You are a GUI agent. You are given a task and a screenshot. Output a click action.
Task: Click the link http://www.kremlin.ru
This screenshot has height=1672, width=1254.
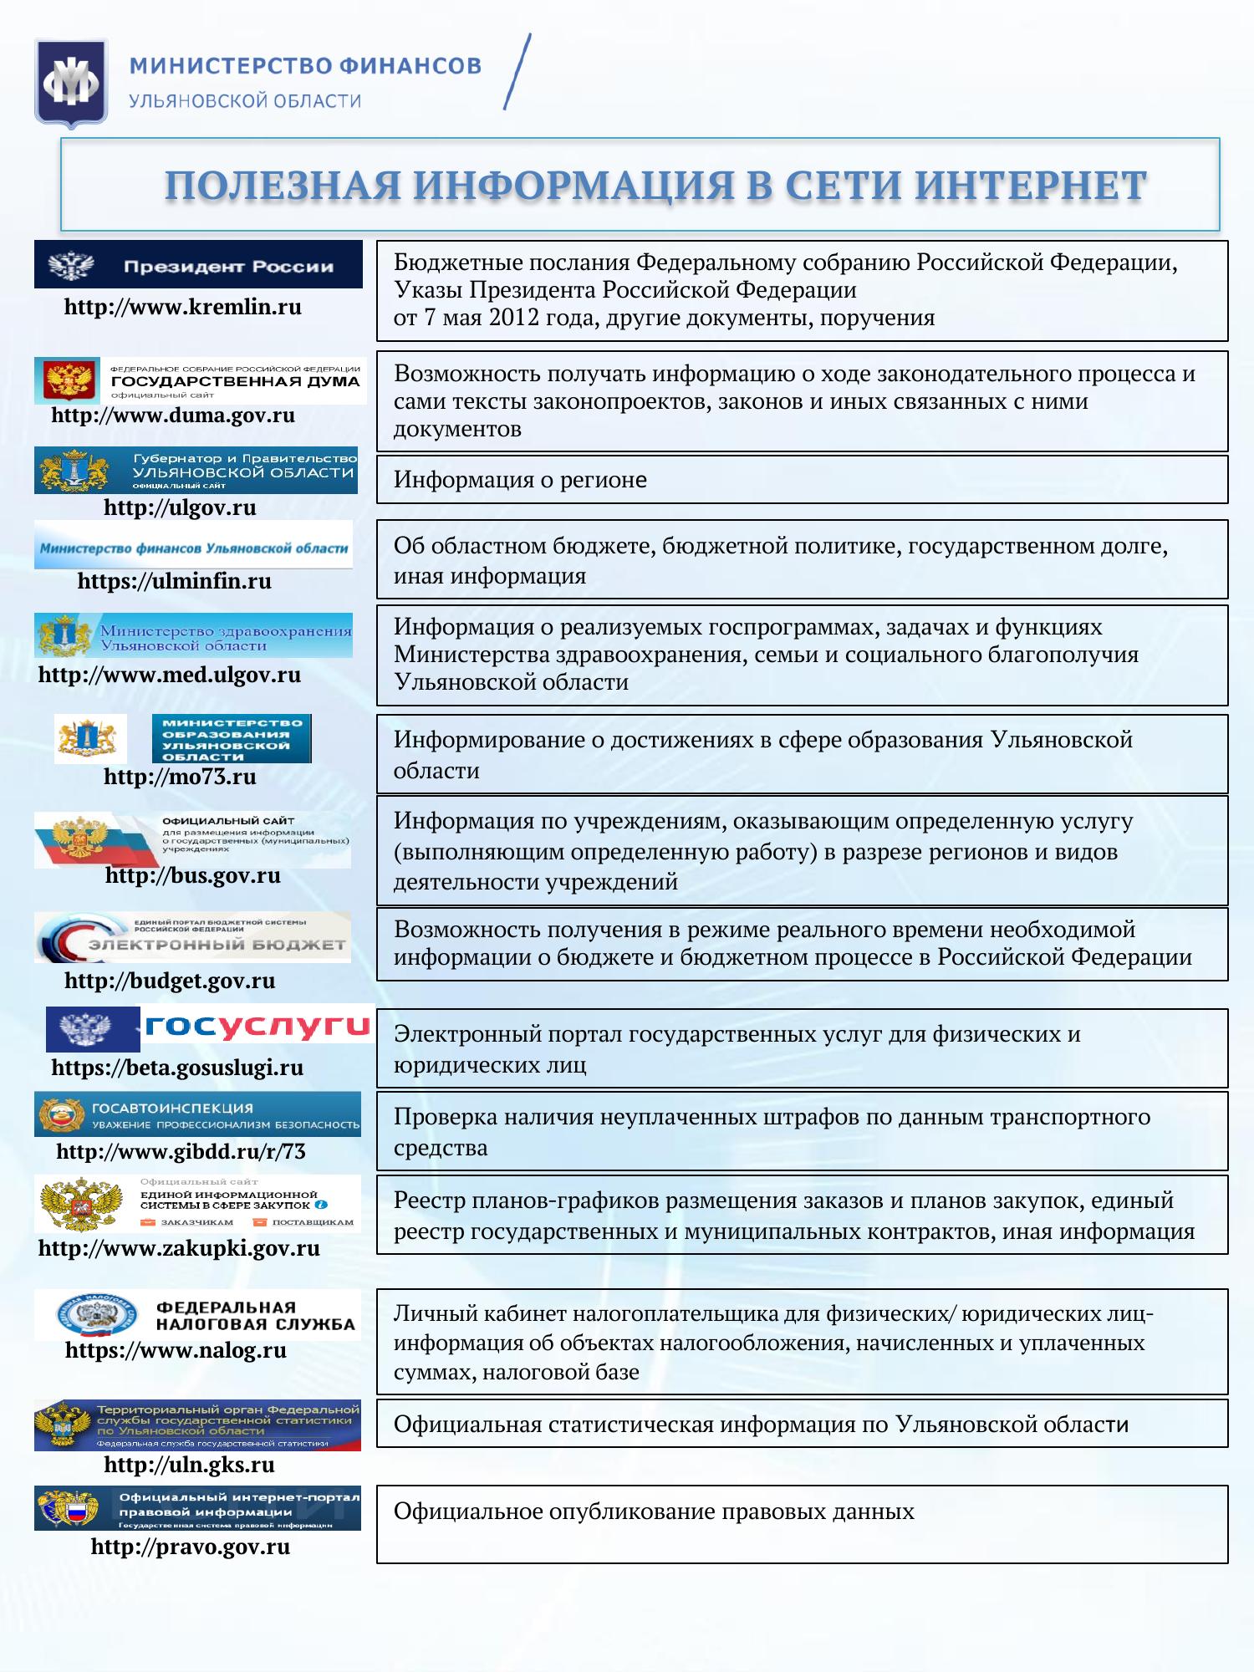tap(183, 307)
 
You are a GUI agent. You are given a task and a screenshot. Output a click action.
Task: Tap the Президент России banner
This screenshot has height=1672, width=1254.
tap(198, 265)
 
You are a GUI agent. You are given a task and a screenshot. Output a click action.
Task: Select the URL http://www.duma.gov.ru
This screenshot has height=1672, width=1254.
tap(173, 415)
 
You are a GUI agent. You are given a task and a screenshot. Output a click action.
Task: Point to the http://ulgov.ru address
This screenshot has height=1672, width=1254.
tap(180, 507)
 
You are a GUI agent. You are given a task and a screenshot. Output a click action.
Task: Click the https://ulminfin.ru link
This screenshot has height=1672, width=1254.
tap(175, 581)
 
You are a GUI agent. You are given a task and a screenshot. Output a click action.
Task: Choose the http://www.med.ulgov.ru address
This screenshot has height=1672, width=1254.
tap(170, 675)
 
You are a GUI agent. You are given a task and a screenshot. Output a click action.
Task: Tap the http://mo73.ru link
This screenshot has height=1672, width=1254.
tap(180, 777)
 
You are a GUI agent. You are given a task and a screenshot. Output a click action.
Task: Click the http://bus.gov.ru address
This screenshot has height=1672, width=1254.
tap(193, 875)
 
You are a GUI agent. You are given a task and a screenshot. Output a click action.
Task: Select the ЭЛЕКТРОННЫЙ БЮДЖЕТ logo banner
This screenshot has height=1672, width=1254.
tap(192, 937)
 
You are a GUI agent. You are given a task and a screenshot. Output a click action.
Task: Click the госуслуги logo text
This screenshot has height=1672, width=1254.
tap(257, 1025)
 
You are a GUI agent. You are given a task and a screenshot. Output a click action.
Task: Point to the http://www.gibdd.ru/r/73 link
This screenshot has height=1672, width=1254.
tap(181, 1151)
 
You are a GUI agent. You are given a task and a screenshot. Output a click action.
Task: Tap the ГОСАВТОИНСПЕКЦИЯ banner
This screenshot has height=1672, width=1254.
tap(198, 1114)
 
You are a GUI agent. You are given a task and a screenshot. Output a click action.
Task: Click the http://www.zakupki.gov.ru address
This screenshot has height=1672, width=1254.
tap(180, 1248)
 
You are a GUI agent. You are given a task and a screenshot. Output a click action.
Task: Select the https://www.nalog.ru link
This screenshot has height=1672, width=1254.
tap(176, 1350)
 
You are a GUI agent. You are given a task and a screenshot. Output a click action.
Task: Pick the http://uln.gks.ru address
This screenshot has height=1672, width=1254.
tap(190, 1464)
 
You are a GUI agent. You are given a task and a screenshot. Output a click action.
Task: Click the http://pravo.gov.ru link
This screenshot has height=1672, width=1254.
tap(191, 1547)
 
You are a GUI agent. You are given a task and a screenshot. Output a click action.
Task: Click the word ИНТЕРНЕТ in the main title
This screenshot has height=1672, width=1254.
tap(1030, 186)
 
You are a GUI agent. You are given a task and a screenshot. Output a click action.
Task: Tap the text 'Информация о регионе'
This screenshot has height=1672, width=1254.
tap(520, 480)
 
